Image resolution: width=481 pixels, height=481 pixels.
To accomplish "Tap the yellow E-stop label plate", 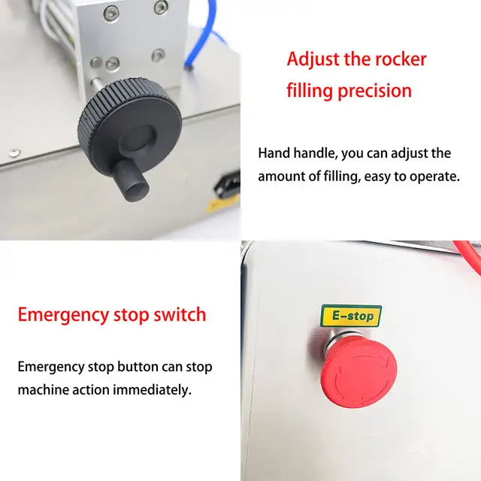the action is point(351,316).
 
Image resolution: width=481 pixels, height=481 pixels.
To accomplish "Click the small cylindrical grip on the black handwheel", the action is point(132,180).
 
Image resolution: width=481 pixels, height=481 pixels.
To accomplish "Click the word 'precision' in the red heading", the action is point(375,91).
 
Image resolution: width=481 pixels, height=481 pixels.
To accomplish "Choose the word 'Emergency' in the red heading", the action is point(63,315).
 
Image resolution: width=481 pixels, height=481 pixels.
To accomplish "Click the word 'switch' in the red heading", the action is point(180,314).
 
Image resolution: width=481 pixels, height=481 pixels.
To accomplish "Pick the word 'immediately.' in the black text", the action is point(152,390).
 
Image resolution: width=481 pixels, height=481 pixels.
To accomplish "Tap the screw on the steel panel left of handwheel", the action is point(14,152).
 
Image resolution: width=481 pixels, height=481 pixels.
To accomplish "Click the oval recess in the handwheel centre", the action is point(138,138).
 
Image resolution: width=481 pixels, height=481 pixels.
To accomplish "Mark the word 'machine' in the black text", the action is point(44,390).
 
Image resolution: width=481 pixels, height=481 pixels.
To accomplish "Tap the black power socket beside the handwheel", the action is point(228,185).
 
